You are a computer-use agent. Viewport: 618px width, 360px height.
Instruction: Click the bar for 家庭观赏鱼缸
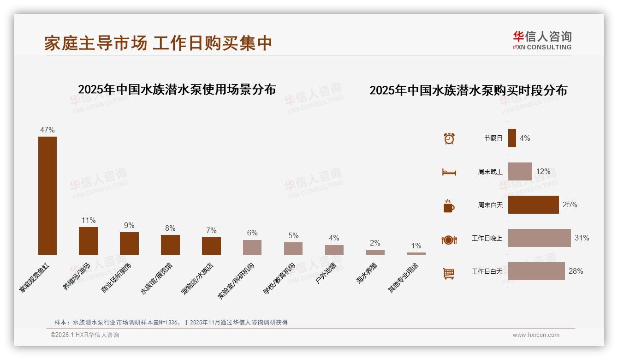[48, 195]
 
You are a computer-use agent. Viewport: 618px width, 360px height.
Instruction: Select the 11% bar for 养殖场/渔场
[88, 240]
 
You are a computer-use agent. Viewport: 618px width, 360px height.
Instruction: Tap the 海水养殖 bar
[375, 252]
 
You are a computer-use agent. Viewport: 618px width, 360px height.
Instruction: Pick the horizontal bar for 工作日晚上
[539, 238]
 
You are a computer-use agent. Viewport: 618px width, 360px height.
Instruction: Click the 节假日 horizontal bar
[512, 138]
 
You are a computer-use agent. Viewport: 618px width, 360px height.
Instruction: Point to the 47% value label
[48, 130]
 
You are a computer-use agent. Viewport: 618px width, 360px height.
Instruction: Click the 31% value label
[582, 238]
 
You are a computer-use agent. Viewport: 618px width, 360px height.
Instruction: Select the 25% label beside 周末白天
[570, 205]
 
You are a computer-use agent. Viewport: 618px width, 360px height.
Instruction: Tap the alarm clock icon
[449, 138]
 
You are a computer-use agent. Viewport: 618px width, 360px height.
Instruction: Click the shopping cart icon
[449, 273]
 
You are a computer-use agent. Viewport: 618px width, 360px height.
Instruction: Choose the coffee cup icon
[449, 206]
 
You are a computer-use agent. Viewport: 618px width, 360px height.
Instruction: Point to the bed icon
[449, 172]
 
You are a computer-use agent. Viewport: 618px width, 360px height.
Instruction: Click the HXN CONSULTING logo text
[542, 47]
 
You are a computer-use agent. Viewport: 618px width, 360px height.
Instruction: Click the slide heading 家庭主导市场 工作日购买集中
[158, 43]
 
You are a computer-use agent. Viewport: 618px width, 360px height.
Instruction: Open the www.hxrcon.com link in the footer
[536, 335]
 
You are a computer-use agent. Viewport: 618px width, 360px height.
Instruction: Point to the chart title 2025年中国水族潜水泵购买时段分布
[468, 90]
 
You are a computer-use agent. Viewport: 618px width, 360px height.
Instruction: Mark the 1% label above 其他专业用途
[416, 246]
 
